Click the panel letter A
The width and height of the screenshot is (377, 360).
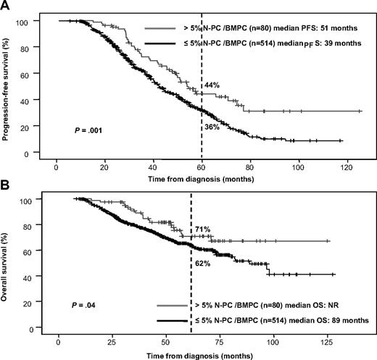pyautogui.click(x=7, y=6)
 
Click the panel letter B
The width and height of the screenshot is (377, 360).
pyautogui.click(x=7, y=185)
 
